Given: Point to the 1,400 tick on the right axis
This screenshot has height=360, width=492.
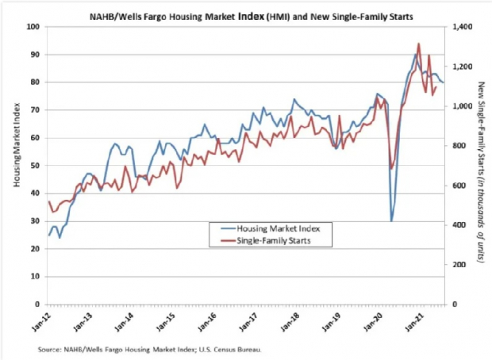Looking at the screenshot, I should point(462,27).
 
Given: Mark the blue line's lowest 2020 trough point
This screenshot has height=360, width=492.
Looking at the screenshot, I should point(391,220).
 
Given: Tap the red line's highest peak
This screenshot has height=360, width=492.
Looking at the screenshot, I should point(419,44).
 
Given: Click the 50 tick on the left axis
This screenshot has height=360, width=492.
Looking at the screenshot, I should point(37,166).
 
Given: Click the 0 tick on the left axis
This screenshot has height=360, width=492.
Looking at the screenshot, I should point(39,304).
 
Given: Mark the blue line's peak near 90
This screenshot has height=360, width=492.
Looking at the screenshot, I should point(415,54).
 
